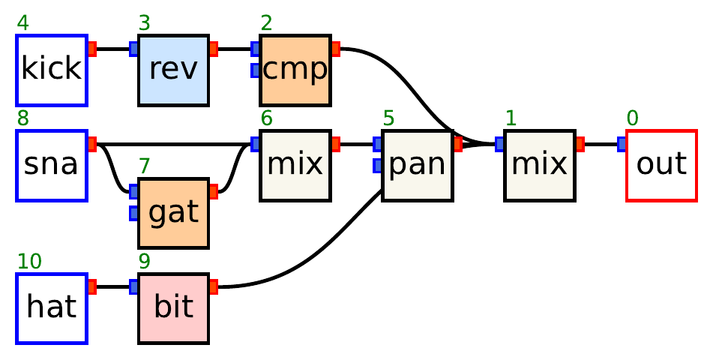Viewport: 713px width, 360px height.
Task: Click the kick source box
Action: pyautogui.click(x=52, y=70)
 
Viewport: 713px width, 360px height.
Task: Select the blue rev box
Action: pyautogui.click(x=173, y=70)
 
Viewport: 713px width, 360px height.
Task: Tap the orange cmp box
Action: pyautogui.click(x=295, y=70)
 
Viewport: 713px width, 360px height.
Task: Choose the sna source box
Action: pyautogui.click(x=52, y=166)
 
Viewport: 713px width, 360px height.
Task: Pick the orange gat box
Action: pyautogui.click(x=173, y=214)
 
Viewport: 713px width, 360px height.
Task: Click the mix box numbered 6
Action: pyautogui.click(x=295, y=166)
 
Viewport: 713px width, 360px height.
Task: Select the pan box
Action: pyautogui.click(x=416, y=166)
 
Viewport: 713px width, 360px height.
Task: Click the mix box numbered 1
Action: pyautogui.click(x=539, y=166)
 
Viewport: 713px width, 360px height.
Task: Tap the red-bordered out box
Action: pyautogui.click(x=661, y=166)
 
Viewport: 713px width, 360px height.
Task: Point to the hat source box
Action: pyautogui.click(x=52, y=308)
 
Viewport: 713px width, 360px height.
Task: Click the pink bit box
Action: pyautogui.click(x=173, y=308)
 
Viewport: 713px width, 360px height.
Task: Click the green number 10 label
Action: pyautogui.click(x=29, y=262)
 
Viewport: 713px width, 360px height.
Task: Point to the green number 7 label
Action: pyautogui.click(x=145, y=166)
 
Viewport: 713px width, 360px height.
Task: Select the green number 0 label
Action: pyautogui.click(x=632, y=118)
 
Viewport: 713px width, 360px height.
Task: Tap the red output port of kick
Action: pyautogui.click(x=91, y=49)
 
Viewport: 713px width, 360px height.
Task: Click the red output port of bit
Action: pyautogui.click(x=213, y=286)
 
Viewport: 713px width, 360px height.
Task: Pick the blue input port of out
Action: pyautogui.click(x=622, y=144)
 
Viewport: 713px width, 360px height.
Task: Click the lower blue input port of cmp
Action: pyautogui.click(x=255, y=70)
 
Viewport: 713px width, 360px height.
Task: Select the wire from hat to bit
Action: pyautogui.click(x=112, y=286)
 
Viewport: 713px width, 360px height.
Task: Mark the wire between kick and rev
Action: pyautogui.click(x=112, y=49)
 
